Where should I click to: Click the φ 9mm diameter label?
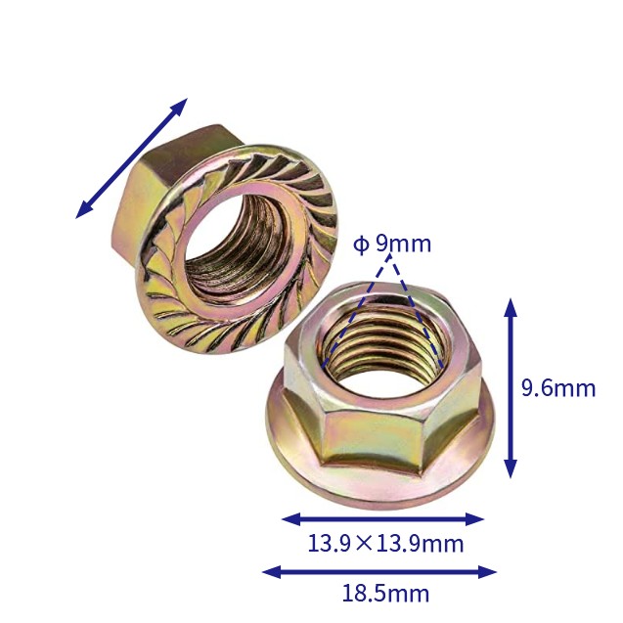click(x=392, y=244)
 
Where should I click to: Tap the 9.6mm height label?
click(x=558, y=387)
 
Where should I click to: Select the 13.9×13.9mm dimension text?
click(x=385, y=543)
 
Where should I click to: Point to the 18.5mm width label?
click(x=385, y=594)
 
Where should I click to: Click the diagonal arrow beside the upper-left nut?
click(x=131, y=158)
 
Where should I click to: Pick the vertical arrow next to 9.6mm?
click(x=511, y=387)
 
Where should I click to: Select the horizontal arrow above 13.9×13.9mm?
click(x=383, y=519)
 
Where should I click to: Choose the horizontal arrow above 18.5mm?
click(x=379, y=572)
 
